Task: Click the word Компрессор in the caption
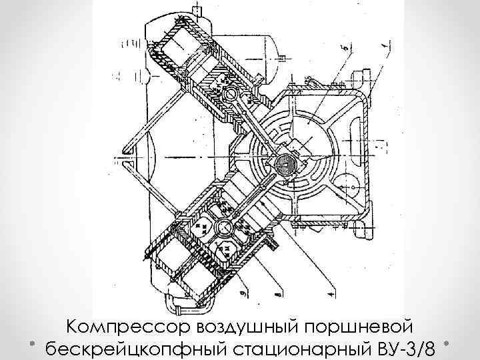pos(126,327)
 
